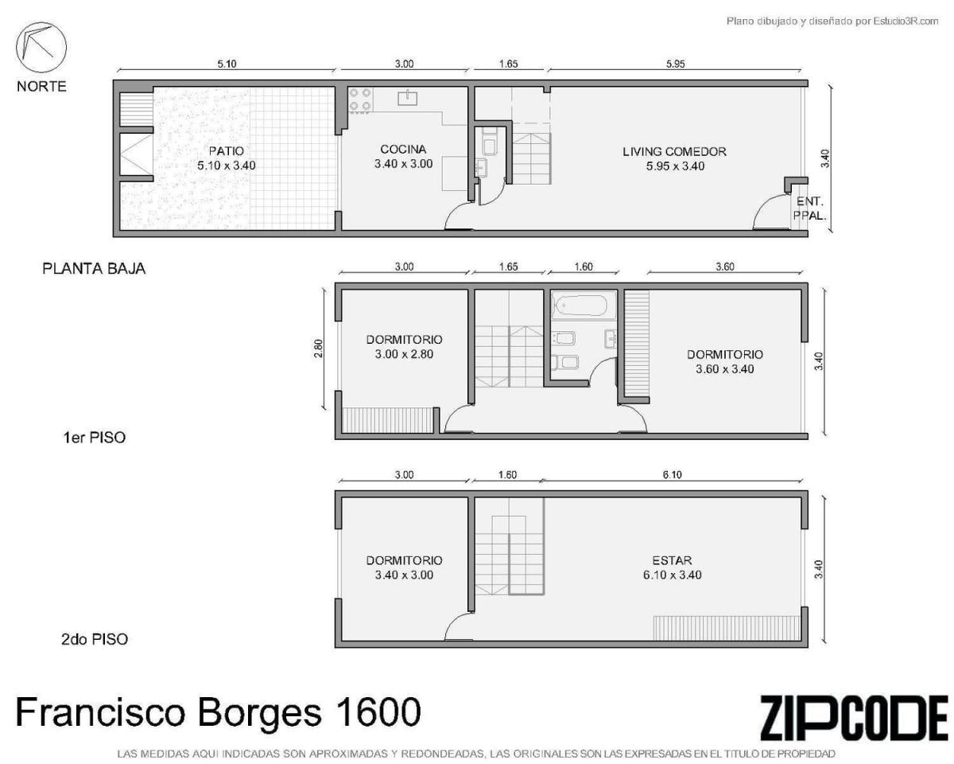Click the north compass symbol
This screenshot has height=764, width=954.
point(41,48)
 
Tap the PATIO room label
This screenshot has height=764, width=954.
point(226,151)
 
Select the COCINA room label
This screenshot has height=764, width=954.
point(403,149)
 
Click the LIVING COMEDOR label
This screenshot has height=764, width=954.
point(674,151)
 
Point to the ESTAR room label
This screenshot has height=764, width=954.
point(672,560)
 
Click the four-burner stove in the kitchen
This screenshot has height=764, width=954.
point(360,100)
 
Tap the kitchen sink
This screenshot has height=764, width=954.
point(407,98)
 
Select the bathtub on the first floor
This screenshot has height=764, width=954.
point(580,306)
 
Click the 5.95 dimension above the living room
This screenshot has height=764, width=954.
point(675,64)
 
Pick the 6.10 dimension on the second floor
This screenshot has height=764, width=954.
point(672,475)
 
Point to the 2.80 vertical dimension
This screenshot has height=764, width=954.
point(318,349)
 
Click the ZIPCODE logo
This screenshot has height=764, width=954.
point(854,712)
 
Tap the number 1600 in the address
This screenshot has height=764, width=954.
point(378,711)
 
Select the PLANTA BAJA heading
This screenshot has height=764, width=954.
point(94,268)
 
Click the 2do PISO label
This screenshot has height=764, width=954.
point(95,639)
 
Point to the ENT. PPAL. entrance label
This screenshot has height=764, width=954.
point(809,209)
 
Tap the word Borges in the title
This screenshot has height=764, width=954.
point(258,713)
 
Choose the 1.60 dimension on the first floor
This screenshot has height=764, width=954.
point(584,267)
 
